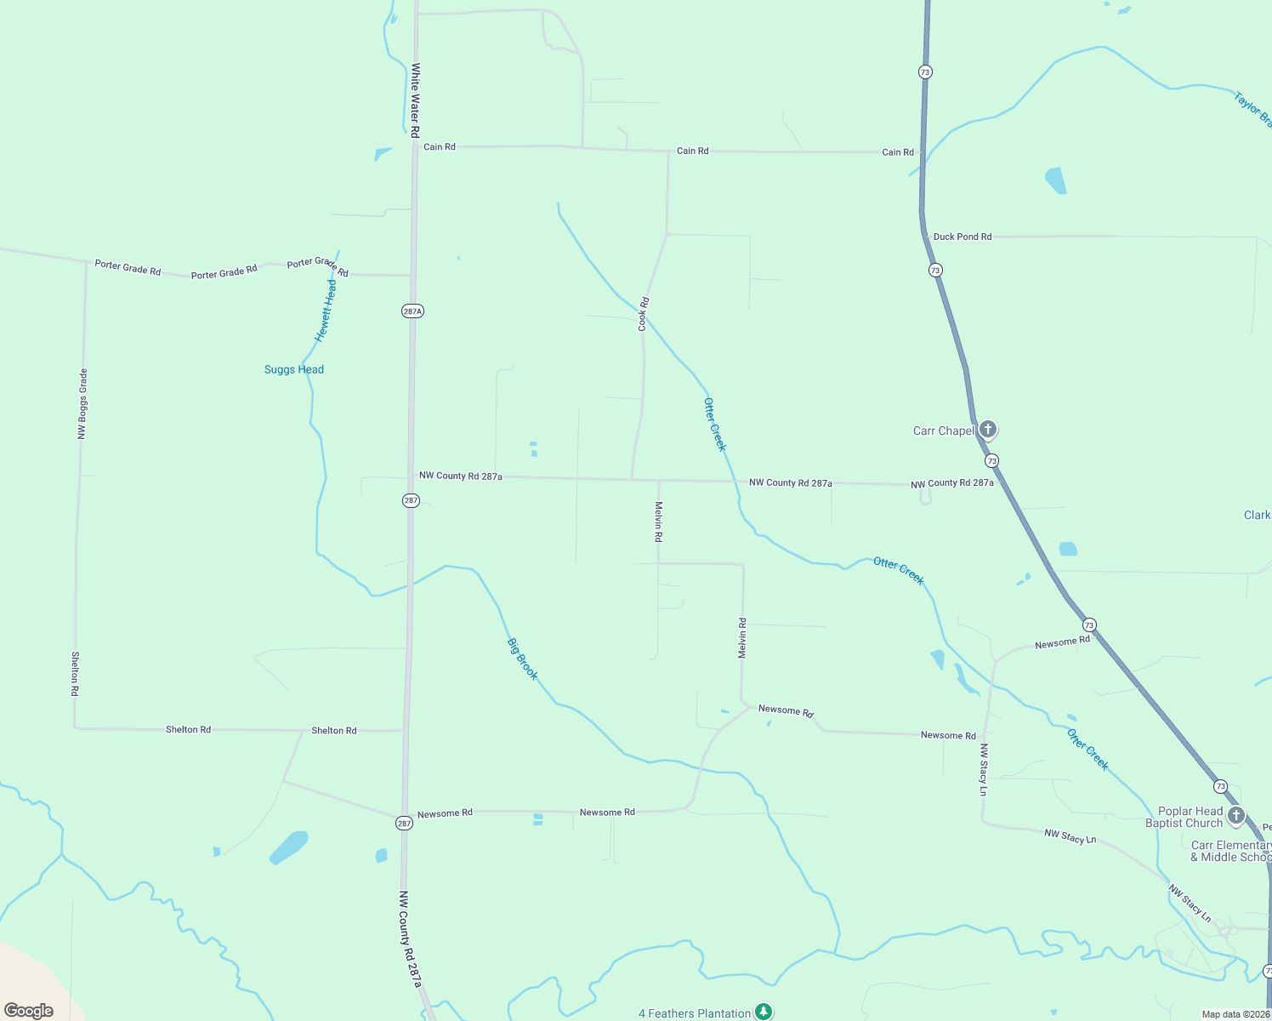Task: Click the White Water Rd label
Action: pos(416,100)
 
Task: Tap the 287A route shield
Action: pos(412,311)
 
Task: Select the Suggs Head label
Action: pos(294,369)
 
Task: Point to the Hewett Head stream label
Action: pos(326,311)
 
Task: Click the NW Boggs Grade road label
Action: pos(82,403)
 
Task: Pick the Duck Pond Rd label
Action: pos(963,237)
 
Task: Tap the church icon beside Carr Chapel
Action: pos(987,429)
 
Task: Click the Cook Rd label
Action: pos(644,314)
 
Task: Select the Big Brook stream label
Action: pos(523,659)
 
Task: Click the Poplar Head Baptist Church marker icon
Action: pos(1236,815)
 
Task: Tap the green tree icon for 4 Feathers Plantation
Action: pos(764,1012)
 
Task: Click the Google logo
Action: pos(29,1011)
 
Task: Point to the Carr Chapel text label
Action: pos(943,431)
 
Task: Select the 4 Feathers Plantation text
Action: pos(695,1013)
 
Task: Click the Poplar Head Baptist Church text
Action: pos(1184,817)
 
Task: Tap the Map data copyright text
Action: pos(1235,1014)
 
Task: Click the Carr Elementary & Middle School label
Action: pos(1230,851)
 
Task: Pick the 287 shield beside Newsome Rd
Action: pos(404,823)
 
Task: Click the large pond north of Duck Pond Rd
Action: pos(1055,180)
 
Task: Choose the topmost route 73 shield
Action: pos(925,72)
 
